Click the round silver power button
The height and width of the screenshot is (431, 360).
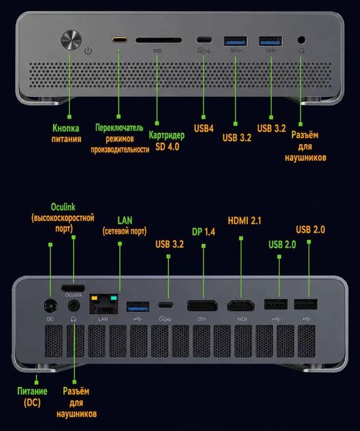71,40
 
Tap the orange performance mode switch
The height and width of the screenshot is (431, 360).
119,40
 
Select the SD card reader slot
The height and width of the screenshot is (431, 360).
159,40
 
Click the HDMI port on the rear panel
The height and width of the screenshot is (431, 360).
241,305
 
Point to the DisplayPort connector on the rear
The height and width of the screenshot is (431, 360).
202,305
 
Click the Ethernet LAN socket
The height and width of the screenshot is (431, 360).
103,304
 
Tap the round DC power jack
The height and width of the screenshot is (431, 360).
50,306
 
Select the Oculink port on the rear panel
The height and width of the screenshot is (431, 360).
73,288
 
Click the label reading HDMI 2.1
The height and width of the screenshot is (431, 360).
244,221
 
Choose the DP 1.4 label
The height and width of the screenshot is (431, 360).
203,232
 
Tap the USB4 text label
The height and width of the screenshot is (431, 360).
203,129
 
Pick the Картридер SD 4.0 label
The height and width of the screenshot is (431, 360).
167,141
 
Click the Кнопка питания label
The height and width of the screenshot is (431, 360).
66,134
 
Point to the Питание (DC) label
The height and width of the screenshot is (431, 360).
32,397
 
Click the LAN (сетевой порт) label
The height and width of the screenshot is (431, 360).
124,226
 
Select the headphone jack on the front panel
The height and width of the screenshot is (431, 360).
301,40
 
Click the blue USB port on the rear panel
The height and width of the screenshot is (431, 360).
138,306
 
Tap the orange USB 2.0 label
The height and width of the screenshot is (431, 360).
310,230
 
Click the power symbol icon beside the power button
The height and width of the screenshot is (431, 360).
88,50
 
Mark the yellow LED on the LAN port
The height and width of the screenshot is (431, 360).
94,298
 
